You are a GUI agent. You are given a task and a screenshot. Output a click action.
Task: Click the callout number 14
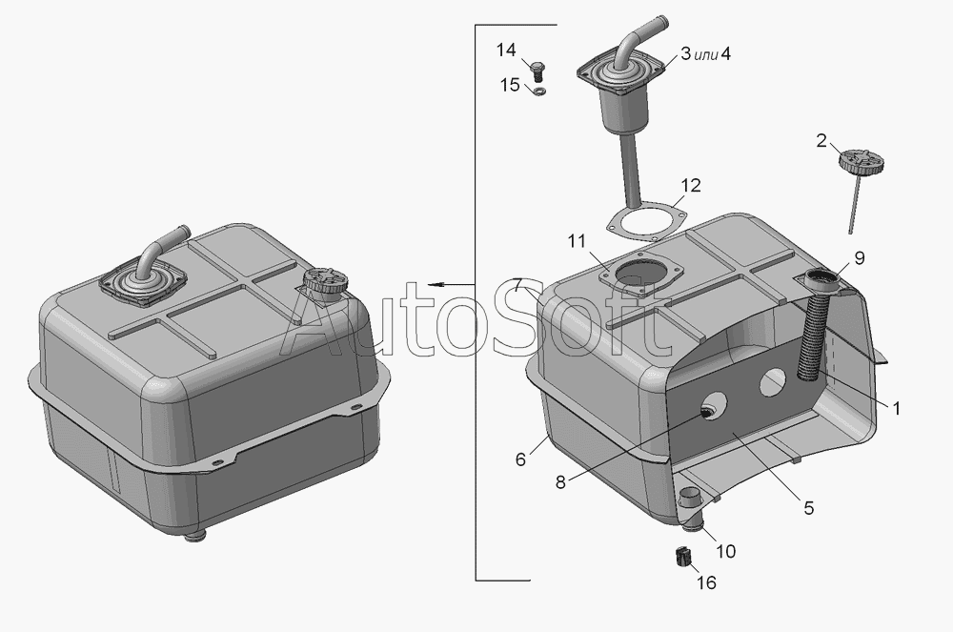(x=506, y=50)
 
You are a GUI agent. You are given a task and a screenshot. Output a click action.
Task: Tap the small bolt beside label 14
(x=537, y=71)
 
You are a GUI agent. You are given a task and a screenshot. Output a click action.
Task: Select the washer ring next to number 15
(x=538, y=92)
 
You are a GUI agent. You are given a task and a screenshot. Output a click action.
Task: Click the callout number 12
(x=691, y=185)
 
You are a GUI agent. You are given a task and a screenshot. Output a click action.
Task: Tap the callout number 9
(x=859, y=257)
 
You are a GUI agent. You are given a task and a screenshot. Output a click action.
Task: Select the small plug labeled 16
(x=683, y=556)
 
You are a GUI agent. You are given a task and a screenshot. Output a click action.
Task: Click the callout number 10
(x=725, y=551)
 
